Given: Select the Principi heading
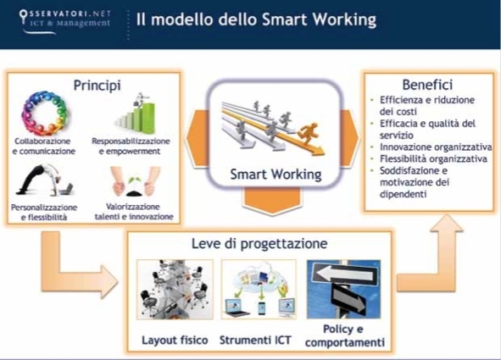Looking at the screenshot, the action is click(x=97, y=86).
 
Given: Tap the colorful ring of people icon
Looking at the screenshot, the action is click(x=44, y=114).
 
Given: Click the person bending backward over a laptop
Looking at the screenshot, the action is click(x=45, y=180).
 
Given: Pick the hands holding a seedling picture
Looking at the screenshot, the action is click(x=135, y=181).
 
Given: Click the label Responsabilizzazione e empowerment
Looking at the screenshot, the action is click(x=131, y=147).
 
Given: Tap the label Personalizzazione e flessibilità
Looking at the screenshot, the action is click(x=44, y=213).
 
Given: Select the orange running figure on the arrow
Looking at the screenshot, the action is click(x=308, y=133).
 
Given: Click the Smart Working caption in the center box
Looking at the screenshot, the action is click(x=276, y=174).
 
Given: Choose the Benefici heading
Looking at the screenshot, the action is click(x=427, y=85).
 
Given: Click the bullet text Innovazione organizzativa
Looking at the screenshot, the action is click(x=436, y=147).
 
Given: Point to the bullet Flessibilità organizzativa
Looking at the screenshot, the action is click(x=433, y=159).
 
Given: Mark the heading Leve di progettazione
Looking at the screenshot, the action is click(x=259, y=244).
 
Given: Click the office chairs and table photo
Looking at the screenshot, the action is click(x=175, y=290).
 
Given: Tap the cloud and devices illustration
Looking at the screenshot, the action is click(x=259, y=290).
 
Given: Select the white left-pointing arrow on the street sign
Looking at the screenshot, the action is click(x=344, y=274).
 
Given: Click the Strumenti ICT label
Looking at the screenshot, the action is click(x=255, y=341).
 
